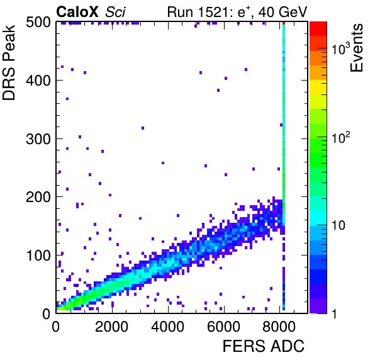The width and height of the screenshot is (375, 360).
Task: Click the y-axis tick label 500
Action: coord(38,23)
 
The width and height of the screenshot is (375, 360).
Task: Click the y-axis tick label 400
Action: coord(38,81)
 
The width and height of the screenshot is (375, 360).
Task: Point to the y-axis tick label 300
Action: coord(38,138)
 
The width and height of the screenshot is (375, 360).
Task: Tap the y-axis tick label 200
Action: coord(38,197)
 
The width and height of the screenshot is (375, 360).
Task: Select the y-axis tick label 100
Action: coord(38,256)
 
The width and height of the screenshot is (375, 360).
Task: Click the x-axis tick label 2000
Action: coord(112,327)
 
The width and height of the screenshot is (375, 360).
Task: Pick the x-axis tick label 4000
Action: coord(167,327)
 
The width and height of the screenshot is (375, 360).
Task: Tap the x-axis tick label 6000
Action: coord(223,327)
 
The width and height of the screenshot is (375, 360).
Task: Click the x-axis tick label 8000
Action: coord(279,327)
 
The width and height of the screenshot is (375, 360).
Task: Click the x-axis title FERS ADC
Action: coord(264,346)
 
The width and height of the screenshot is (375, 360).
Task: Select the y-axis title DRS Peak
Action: coord(9,62)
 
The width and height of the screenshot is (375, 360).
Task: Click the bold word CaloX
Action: coord(77,11)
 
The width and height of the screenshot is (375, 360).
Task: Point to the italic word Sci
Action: coord(115,11)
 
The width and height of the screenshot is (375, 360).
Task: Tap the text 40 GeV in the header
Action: coord(283,11)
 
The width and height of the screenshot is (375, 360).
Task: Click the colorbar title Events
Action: coord(356,48)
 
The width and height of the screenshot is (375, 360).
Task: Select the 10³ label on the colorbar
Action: coord(341,48)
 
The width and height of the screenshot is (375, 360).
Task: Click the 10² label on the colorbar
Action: coord(341,137)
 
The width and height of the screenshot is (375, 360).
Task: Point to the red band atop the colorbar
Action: coord(318,29)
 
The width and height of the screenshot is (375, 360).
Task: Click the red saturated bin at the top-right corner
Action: coord(284,23)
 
